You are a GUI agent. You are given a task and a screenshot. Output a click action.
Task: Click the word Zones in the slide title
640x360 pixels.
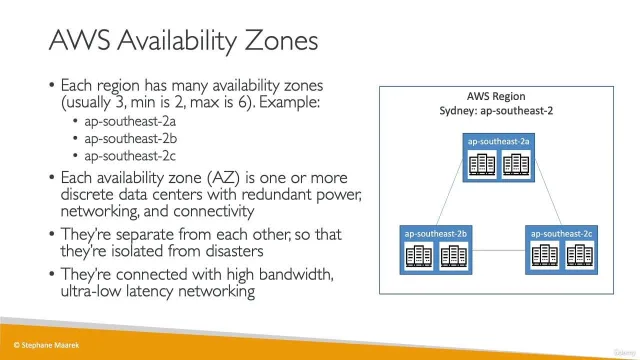coord(281,40)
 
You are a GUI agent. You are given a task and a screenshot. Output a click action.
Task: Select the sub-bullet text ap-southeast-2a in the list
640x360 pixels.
coord(130,122)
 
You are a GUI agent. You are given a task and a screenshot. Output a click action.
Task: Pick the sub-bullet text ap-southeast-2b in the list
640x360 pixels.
coord(131,139)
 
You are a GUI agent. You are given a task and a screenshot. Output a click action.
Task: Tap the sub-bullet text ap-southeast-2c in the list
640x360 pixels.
coord(130,156)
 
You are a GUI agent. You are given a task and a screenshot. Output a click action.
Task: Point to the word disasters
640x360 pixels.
coord(234,251)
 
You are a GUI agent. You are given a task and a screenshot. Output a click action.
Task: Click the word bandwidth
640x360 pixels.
coord(296,274)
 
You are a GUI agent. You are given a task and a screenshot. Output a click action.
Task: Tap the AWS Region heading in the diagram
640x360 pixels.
coord(496,96)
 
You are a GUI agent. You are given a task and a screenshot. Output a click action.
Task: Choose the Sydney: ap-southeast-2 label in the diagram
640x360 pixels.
coord(496,111)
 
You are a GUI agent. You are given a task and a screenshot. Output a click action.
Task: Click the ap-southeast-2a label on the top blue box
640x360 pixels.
coord(498,142)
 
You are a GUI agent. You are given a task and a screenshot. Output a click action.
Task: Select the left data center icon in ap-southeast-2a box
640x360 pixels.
coord(482,164)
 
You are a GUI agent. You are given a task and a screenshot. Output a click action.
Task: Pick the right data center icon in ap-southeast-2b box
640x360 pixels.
coord(453,256)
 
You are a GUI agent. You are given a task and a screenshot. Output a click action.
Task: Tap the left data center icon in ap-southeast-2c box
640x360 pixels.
coord(544,256)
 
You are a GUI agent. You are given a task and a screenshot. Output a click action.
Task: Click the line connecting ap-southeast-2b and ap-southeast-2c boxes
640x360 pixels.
coord(499,250)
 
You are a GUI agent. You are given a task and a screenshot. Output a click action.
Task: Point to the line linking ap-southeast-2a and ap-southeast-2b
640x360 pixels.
coord(450,193)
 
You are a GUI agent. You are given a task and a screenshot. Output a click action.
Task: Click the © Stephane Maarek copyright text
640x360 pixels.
coord(46,345)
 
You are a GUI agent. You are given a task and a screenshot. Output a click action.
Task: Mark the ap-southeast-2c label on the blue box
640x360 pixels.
coord(561,234)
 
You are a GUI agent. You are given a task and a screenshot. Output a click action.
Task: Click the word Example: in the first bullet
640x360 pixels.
coord(289,102)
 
